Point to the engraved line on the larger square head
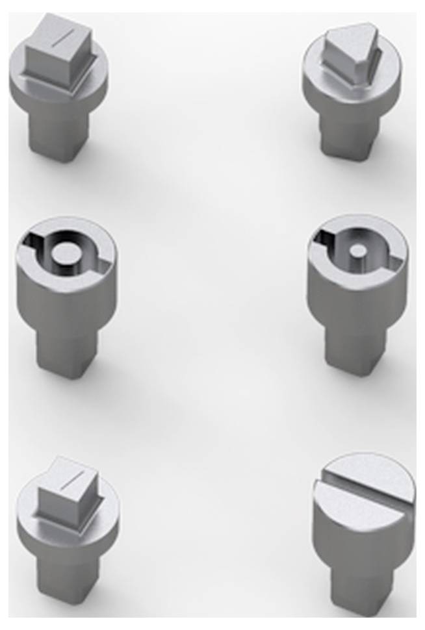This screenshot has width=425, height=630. coord(63,37)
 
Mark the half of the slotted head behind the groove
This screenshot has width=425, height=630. coord(374,471)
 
